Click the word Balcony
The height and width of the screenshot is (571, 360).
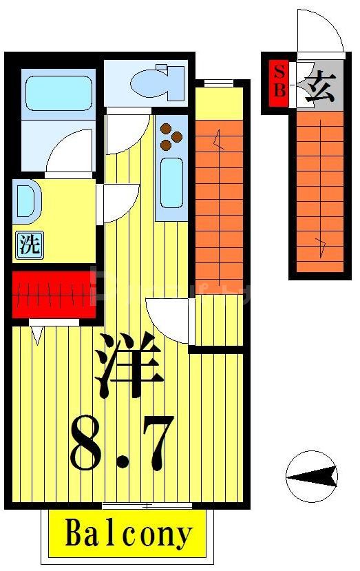[x=128, y=534]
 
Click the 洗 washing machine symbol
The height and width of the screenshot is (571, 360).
[x=29, y=246]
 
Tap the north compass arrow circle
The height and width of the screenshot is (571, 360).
[x=312, y=476]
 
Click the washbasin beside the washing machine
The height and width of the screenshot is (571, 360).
[x=26, y=200]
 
